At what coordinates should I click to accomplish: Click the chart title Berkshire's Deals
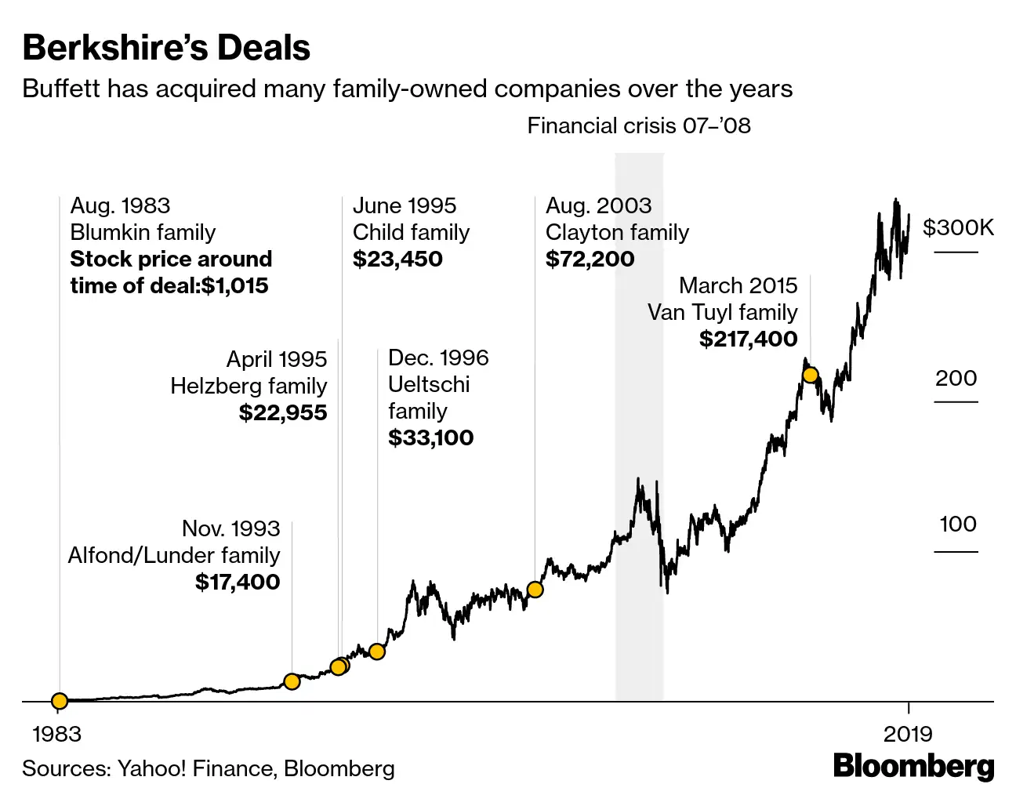[x=166, y=48]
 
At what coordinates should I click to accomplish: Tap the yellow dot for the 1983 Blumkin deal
[x=60, y=700]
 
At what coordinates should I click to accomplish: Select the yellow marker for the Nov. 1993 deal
[x=292, y=681]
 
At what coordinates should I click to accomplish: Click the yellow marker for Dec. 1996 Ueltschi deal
[x=377, y=652]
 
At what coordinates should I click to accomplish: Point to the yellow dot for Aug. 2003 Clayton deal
[x=535, y=590]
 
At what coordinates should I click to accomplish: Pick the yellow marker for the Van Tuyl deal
[x=811, y=376]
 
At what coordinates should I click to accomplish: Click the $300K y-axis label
[x=958, y=228]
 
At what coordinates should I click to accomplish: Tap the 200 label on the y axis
[x=956, y=379]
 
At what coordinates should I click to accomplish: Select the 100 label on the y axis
[x=958, y=525]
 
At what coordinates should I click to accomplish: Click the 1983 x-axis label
[x=56, y=734]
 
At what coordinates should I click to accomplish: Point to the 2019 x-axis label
[x=908, y=734]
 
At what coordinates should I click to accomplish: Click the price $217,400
[x=748, y=339]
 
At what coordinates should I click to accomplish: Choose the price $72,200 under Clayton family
[x=590, y=259]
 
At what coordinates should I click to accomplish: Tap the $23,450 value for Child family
[x=397, y=259]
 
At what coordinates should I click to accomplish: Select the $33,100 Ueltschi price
[x=430, y=437]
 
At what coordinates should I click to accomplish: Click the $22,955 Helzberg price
[x=282, y=412]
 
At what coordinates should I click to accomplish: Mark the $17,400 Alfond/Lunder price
[x=237, y=582]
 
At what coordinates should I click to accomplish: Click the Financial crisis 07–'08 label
[x=638, y=126]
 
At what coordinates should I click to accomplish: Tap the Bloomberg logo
[x=913, y=766]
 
